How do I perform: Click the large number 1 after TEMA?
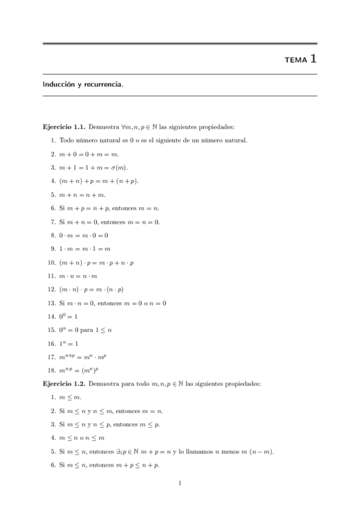point(313,59)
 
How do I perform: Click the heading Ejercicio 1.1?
point(64,127)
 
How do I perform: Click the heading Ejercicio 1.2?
point(64,383)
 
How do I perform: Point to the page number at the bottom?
point(180,483)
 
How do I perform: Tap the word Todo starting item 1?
point(66,140)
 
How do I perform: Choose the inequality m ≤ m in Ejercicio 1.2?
point(70,397)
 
